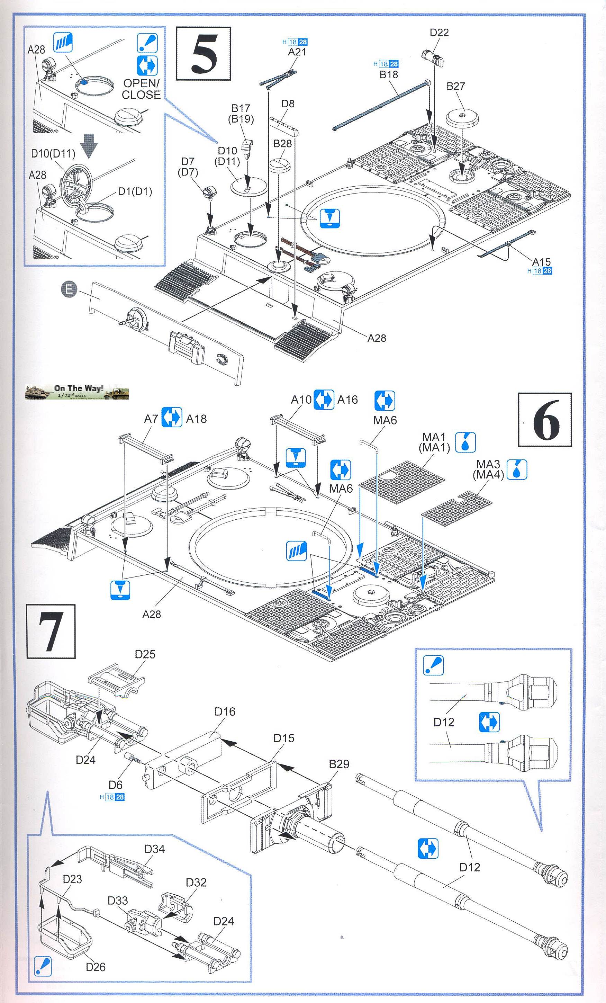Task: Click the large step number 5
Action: click(203, 54)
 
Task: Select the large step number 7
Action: click(51, 632)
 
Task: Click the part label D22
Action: click(439, 33)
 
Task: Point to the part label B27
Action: click(455, 86)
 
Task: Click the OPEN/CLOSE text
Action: click(141, 89)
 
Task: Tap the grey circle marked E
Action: click(69, 289)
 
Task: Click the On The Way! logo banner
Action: click(77, 392)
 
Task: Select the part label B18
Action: click(389, 74)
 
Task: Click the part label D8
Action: click(288, 104)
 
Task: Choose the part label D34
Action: click(154, 849)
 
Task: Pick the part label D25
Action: click(145, 654)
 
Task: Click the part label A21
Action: click(297, 52)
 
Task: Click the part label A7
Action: click(151, 419)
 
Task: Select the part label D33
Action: click(118, 901)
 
